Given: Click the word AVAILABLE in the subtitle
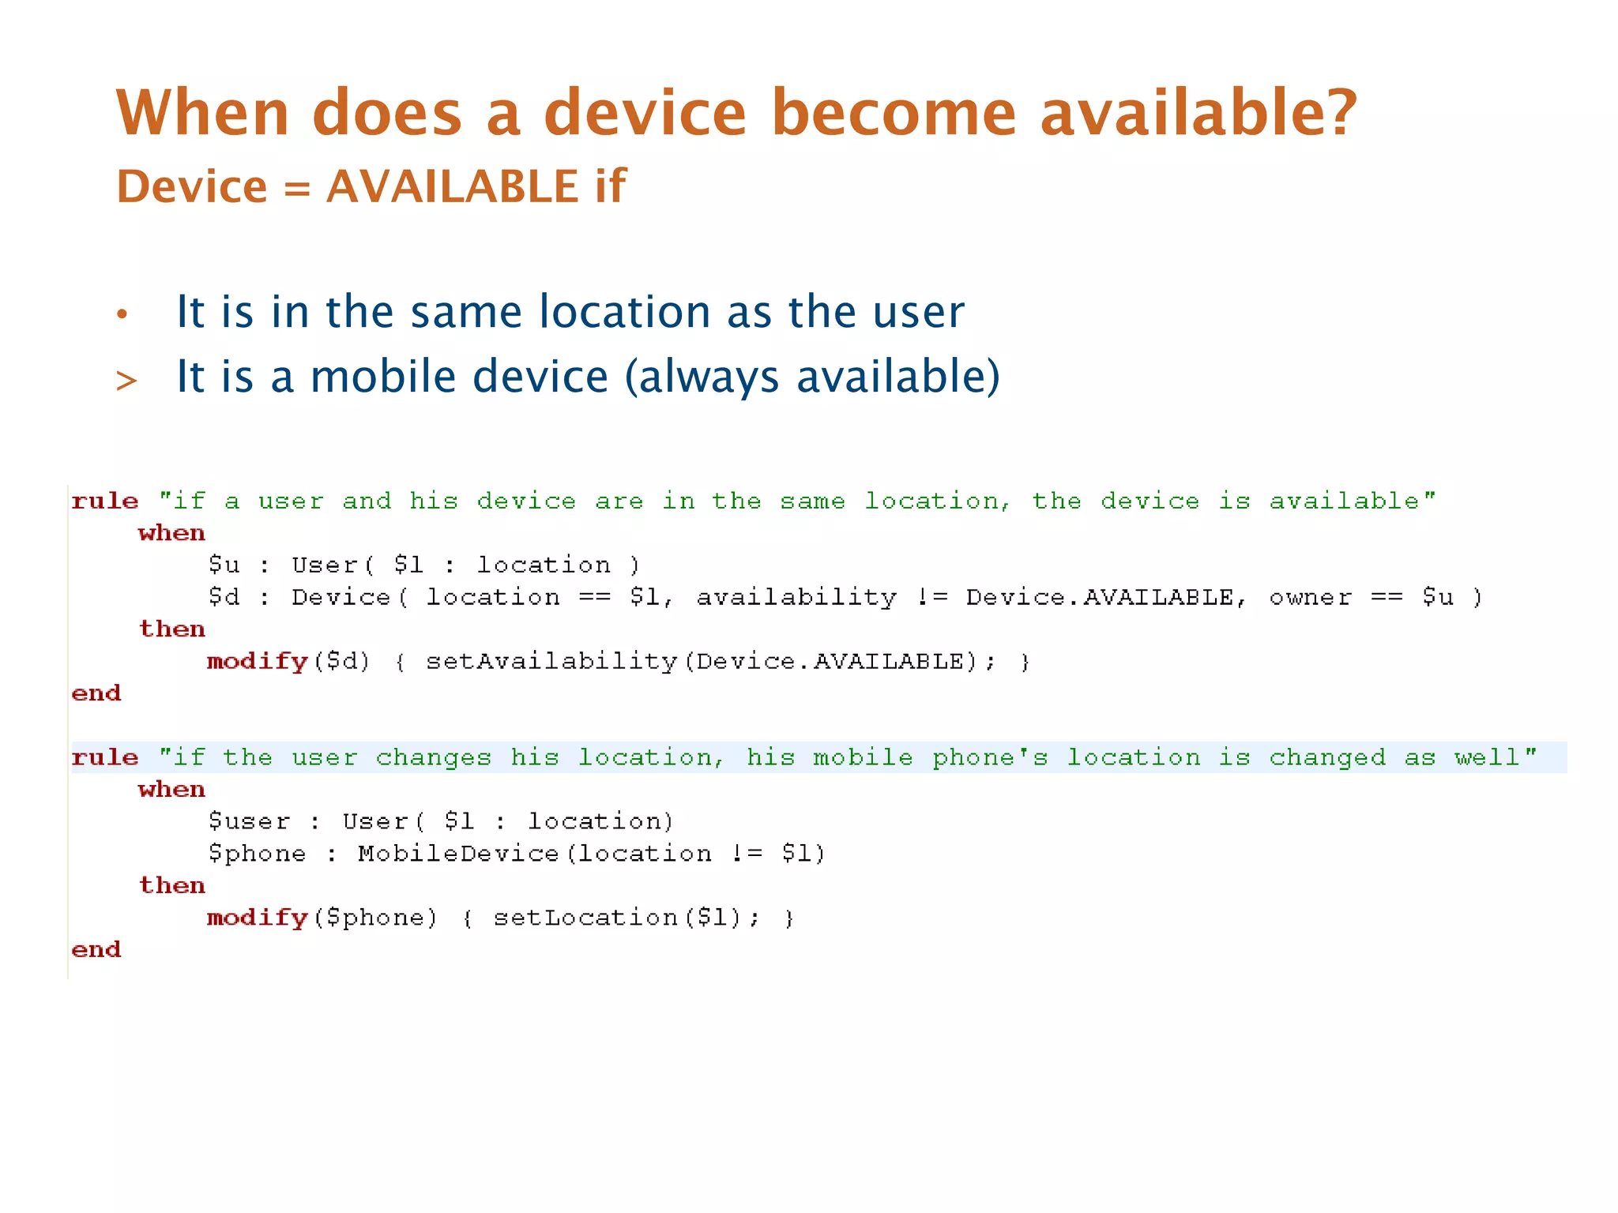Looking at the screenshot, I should pos(452,186).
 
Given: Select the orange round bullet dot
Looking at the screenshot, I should pos(122,314).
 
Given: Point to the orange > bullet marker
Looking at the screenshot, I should pos(126,381).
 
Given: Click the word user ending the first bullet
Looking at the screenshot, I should pos(918,313).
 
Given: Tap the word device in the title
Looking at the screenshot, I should pos(645,113).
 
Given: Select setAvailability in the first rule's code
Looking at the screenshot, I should pos(551,661).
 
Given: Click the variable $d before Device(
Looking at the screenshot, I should pos(224,597).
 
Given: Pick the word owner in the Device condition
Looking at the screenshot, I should pos(1310,597).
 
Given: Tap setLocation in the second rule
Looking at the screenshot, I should pos(585,918).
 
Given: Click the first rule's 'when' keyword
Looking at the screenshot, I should pos(171,533).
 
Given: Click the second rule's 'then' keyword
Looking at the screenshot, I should pos(171,885).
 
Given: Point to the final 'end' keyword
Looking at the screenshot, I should pos(96,949).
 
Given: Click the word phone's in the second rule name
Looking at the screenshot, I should pos(990,757).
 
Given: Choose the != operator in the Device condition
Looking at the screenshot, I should pos(931,597).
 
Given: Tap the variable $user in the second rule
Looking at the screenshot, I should pos(249,821).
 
